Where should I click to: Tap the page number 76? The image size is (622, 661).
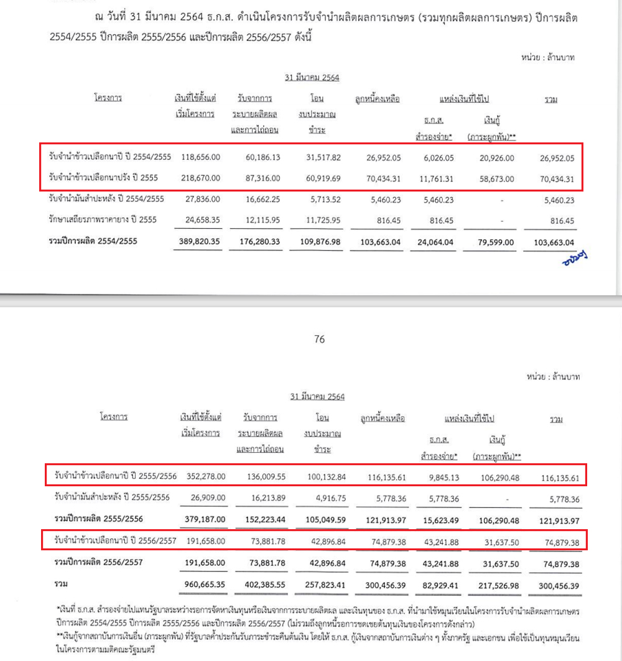pos(320,340)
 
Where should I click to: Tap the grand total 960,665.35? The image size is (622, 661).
pos(203,585)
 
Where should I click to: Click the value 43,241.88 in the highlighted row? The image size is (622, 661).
pos(440,542)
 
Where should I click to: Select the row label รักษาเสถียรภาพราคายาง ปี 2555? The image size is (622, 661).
pos(102,220)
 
